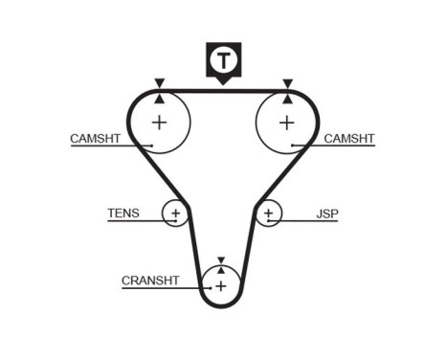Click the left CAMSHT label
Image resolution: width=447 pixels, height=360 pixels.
[95, 139]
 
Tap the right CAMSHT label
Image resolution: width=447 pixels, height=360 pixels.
[349, 139]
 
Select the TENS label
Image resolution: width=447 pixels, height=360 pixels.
[123, 214]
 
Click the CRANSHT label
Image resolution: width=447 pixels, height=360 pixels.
[150, 281]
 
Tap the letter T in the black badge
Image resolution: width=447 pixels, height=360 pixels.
[223, 60]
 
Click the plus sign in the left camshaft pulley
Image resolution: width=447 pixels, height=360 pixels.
[159, 122]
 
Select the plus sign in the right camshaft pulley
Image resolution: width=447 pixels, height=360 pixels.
[286, 122]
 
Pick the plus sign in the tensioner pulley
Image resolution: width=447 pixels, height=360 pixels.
[175, 213]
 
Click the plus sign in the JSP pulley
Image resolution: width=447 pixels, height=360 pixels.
[269, 213]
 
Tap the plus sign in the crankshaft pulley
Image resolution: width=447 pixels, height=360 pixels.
[221, 285]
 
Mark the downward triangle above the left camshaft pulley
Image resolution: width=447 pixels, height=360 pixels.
[159, 83]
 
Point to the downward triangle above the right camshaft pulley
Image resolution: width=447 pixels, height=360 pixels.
[286, 83]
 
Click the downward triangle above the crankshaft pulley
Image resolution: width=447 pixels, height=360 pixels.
[221, 259]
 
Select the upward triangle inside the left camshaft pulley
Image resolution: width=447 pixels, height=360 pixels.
[159, 97]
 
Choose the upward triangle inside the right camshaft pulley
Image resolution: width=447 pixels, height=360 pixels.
[286, 97]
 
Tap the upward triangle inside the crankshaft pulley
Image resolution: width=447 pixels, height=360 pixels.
[221, 270]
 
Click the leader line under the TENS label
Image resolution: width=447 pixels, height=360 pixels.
[134, 222]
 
